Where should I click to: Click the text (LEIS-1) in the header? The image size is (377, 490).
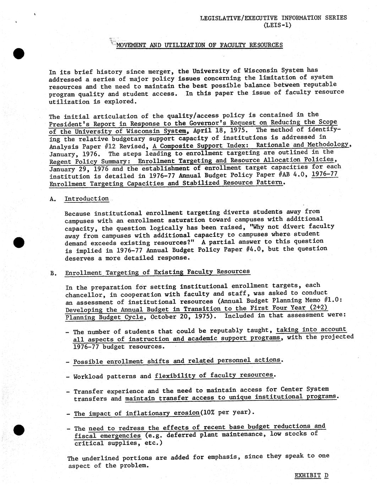[277, 25]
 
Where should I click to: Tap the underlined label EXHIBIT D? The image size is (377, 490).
[311, 475]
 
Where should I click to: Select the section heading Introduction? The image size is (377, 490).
[87, 198]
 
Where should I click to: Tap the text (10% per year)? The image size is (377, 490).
[227, 412]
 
